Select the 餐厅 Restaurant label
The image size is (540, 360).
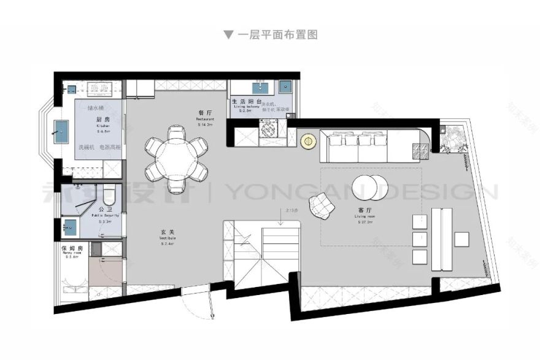click(x=204, y=114)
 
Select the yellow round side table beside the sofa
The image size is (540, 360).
click(x=308, y=141)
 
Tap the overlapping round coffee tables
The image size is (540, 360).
click(x=370, y=186)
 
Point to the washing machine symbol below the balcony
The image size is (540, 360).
click(x=268, y=131)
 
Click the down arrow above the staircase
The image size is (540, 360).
click(x=280, y=221)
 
